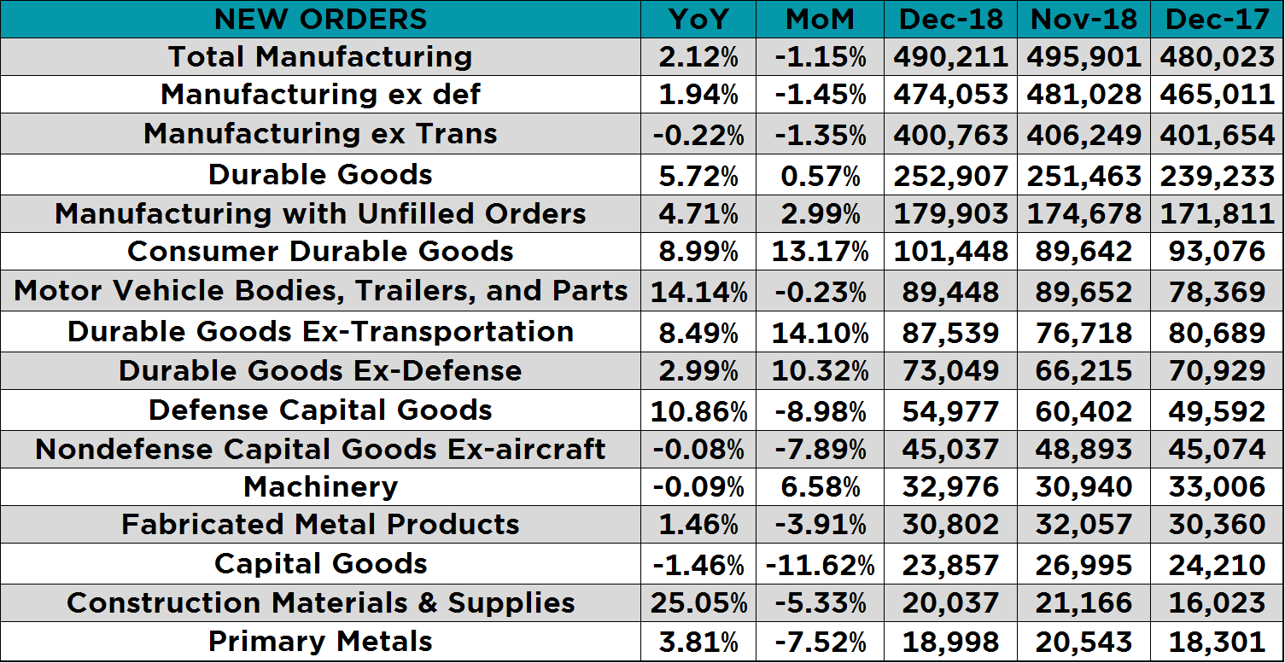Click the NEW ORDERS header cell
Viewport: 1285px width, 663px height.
click(x=320, y=19)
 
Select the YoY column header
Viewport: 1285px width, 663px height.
click(x=698, y=19)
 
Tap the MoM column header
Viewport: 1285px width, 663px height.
click(x=820, y=19)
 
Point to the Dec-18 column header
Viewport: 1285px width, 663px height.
click(x=950, y=19)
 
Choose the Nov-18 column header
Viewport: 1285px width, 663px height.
click(x=1083, y=19)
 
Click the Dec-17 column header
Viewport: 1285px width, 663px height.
click(x=1217, y=19)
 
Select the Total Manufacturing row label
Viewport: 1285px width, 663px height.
click(x=320, y=57)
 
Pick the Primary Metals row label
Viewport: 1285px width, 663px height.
click(x=320, y=642)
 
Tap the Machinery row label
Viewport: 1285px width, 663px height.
click(x=320, y=486)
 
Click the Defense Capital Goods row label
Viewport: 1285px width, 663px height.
click(x=320, y=410)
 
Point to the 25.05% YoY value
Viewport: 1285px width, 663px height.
click(x=698, y=603)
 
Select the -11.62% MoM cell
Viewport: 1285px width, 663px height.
click(x=820, y=564)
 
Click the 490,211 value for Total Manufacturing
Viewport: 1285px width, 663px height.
click(x=950, y=57)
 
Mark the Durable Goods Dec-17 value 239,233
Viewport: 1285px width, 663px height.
click(x=1217, y=175)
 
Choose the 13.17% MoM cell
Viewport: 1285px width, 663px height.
click(x=820, y=252)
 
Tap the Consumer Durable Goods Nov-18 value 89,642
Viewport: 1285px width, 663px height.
click(x=1083, y=252)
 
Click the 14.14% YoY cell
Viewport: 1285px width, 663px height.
click(x=698, y=292)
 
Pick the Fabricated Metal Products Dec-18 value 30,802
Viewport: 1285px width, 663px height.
click(x=950, y=525)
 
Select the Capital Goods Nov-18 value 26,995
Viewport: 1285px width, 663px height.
click(x=1083, y=564)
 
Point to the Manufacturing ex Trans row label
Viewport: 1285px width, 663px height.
click(x=320, y=134)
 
